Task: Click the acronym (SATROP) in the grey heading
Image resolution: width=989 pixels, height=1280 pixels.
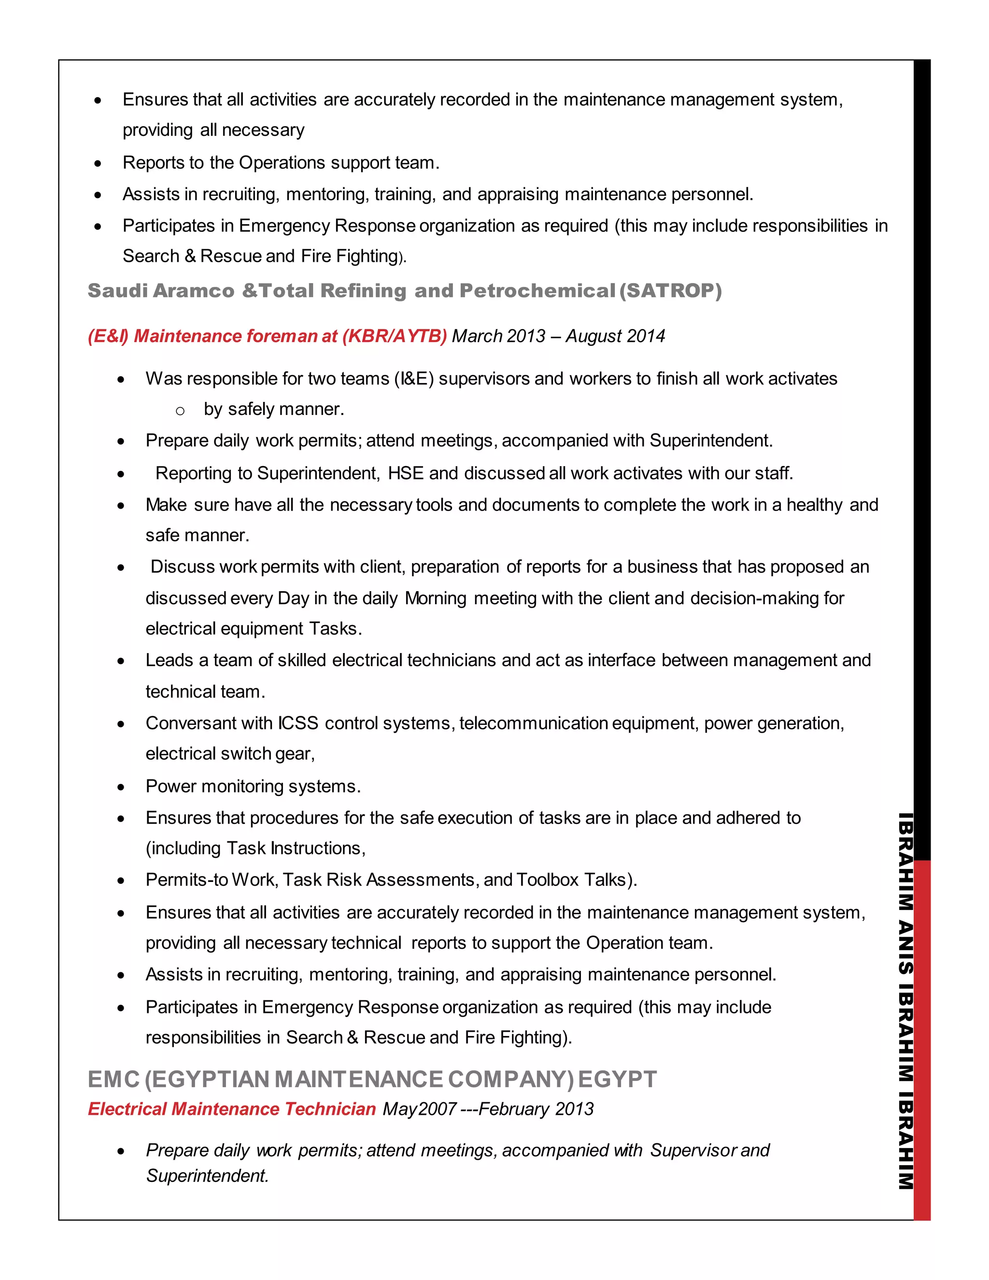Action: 671,291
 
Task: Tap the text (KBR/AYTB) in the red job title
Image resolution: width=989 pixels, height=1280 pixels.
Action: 395,336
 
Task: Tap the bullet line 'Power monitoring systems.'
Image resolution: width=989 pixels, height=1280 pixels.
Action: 253,786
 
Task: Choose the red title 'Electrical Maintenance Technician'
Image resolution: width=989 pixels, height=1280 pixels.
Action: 232,1109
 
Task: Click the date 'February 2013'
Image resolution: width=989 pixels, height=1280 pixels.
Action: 536,1109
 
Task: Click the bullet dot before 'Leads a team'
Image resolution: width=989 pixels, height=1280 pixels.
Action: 121,662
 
